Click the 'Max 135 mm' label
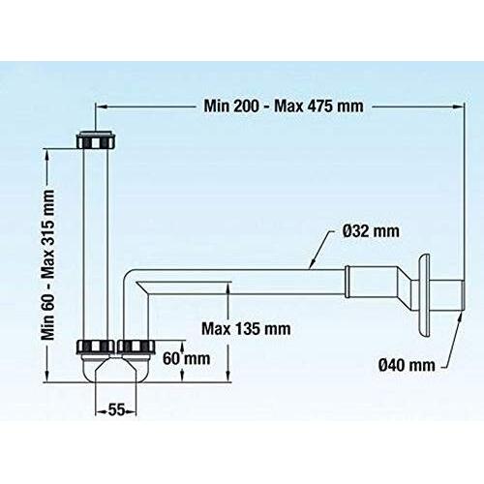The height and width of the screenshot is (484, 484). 246,328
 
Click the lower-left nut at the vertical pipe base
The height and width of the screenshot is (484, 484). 97,346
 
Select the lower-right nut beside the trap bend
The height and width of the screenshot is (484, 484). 135,346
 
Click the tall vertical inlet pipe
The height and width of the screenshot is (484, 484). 97,242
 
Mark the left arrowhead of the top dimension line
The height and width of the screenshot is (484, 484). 103,106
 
